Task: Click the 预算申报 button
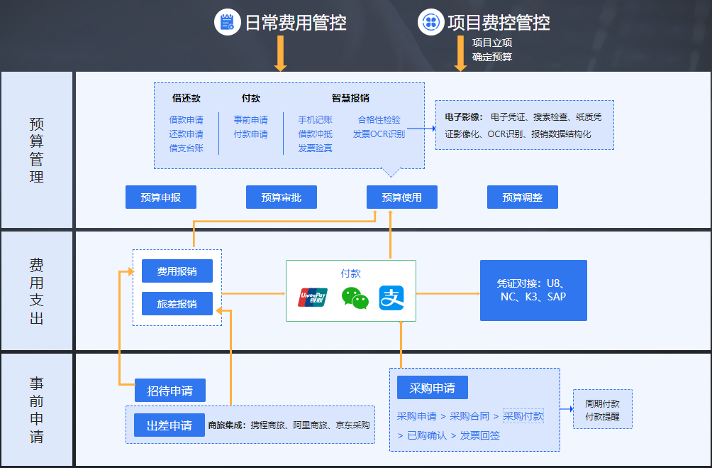click(x=160, y=197)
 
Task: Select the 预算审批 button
click(x=281, y=197)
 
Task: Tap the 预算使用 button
click(x=401, y=197)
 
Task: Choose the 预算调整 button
click(x=522, y=197)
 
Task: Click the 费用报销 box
click(x=177, y=271)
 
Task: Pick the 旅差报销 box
click(x=177, y=304)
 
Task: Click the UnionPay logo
click(x=313, y=298)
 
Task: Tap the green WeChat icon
click(x=355, y=298)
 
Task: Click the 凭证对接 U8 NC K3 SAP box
click(x=533, y=290)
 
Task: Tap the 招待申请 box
click(x=169, y=391)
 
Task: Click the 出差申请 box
click(x=169, y=425)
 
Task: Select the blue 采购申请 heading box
click(x=432, y=388)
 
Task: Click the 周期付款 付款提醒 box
click(x=602, y=409)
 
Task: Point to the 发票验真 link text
click(x=315, y=148)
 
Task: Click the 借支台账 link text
click(x=186, y=148)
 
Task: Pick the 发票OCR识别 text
click(x=379, y=134)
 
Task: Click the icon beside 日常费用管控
click(x=227, y=23)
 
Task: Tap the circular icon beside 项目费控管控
click(x=430, y=23)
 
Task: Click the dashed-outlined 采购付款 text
click(x=523, y=416)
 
